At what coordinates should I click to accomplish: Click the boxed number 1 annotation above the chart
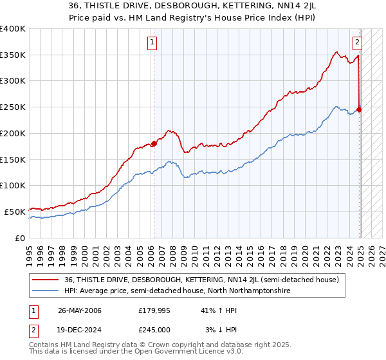click(152, 43)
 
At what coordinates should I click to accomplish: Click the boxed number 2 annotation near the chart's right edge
click(357, 43)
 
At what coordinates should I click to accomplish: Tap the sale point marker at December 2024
click(360, 109)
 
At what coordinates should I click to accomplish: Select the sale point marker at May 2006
click(154, 143)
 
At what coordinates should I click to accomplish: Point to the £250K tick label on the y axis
click(13, 107)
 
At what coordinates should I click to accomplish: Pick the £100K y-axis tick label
click(13, 185)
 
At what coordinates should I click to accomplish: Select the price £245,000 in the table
click(157, 329)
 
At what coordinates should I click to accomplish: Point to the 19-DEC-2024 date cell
click(79, 329)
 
